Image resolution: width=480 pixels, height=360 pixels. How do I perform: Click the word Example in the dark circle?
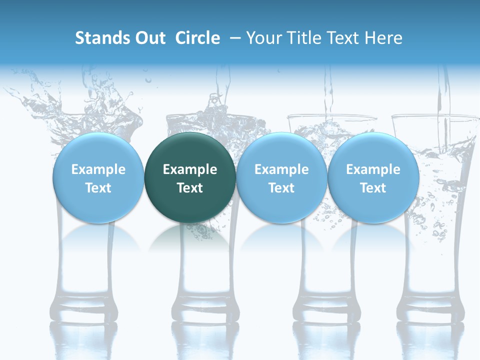coord(190,169)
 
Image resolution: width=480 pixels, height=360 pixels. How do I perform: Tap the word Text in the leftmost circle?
coord(98,188)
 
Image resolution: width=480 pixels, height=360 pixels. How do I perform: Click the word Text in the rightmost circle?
coord(373,188)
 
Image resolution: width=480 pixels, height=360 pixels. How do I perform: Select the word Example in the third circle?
coord(281,169)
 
